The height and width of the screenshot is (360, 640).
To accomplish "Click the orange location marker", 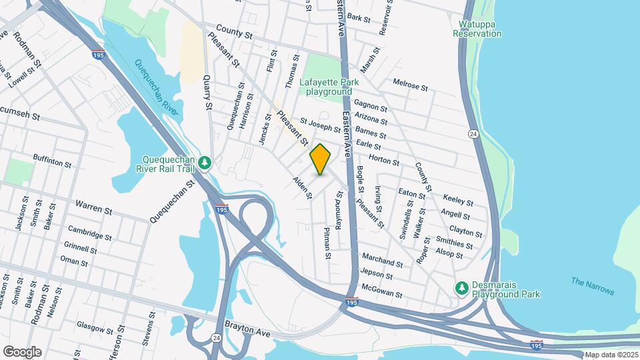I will point(321,159).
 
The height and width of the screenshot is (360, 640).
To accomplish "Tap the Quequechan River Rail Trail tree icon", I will point(207,162).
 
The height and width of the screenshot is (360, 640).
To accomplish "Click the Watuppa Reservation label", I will point(476,29).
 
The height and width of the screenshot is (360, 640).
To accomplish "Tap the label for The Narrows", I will point(593,287).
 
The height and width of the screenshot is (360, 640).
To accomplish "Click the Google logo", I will point(22,351).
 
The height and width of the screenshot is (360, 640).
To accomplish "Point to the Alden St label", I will point(303,188).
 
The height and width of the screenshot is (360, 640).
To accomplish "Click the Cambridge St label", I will point(90,235).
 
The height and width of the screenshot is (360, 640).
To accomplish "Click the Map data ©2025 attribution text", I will point(611,355).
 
